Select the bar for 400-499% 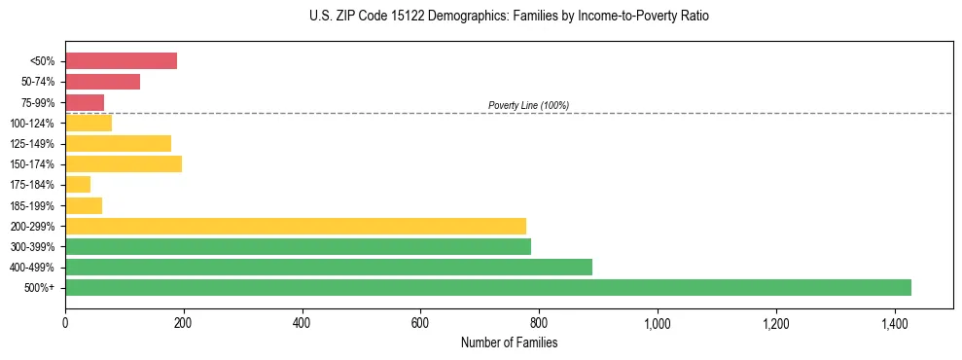coord(329,267)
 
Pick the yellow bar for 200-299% coord(296,226)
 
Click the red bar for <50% coord(121,61)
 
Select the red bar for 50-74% coord(102,82)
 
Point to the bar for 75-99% coord(85,102)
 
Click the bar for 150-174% coord(124,163)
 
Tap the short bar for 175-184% coord(78,184)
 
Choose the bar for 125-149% coord(118,143)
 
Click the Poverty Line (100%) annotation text coord(528,105)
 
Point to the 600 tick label coord(420,323)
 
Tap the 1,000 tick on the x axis coord(658,323)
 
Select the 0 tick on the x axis coord(65,323)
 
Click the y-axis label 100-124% coord(32,124)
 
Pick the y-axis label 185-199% coord(32,205)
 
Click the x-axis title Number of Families coord(509,342)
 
